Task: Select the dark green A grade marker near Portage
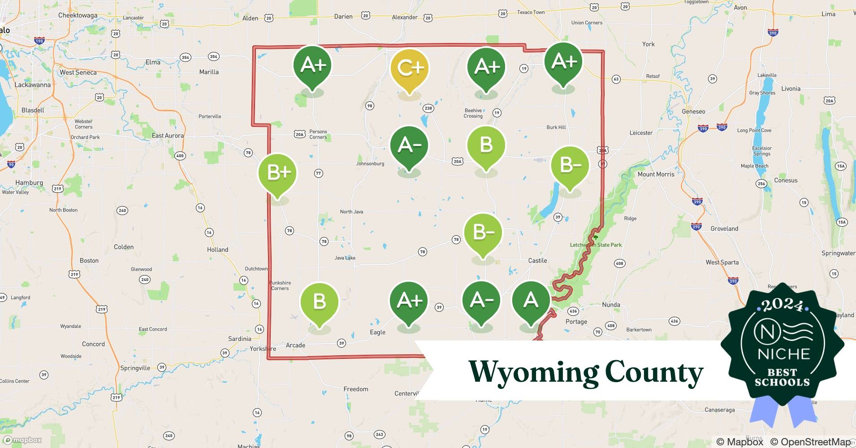[x=531, y=299]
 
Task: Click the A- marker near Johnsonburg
[x=409, y=146]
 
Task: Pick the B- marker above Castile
[x=482, y=233]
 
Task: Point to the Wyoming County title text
[x=586, y=371]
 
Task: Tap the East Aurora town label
[x=168, y=135]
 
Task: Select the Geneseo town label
[x=693, y=112]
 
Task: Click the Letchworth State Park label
[x=596, y=245]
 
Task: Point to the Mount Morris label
[x=656, y=174]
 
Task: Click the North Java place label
[x=351, y=211]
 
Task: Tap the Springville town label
[x=135, y=368]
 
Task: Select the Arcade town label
[x=295, y=345]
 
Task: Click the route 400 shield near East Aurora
[x=180, y=156]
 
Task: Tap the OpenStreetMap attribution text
[x=810, y=442]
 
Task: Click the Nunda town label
[x=611, y=305]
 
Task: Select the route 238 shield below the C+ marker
[x=428, y=108]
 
